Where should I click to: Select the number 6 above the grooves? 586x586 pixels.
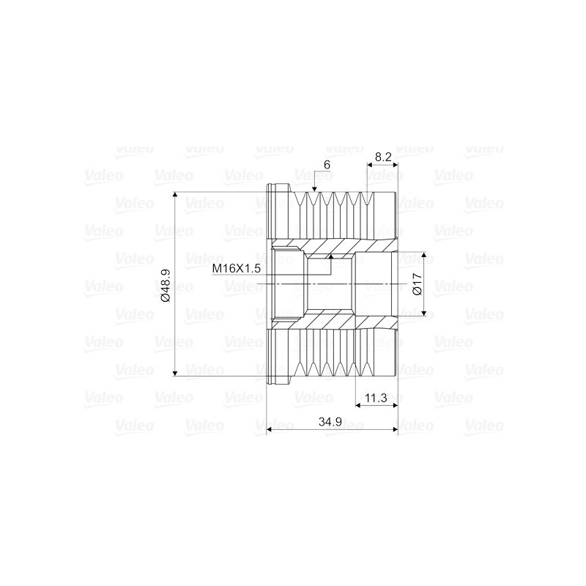[x=327, y=166]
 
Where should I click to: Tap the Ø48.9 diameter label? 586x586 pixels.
[x=165, y=286]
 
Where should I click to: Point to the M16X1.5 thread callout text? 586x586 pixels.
[x=237, y=269]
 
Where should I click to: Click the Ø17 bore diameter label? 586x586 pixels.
[x=416, y=283]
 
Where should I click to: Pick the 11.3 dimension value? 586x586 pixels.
[x=375, y=398]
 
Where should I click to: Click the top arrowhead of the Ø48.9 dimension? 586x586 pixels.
[x=176, y=196]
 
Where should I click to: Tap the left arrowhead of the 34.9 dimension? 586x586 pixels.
[x=270, y=430]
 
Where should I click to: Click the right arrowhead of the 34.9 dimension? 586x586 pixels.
[x=393, y=430]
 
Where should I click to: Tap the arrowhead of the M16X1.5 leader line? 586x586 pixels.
[x=331, y=258]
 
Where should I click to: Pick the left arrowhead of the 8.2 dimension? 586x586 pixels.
[x=370, y=166]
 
